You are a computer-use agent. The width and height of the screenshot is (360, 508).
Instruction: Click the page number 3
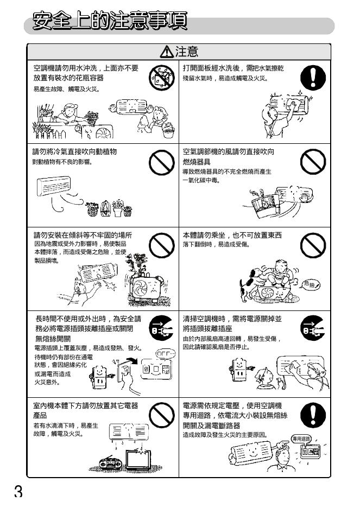point(18,491)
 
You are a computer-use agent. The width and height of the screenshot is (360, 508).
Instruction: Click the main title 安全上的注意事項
point(110,21)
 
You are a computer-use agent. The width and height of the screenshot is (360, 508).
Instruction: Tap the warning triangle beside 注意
point(167,52)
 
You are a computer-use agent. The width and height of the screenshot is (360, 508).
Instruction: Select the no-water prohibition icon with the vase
point(162,78)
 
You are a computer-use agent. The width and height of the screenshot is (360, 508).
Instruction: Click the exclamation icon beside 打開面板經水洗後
point(313,78)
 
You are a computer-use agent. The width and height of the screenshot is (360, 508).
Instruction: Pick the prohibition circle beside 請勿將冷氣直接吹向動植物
point(162,162)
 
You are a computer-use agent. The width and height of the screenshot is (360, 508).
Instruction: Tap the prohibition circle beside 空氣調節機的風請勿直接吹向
point(313,162)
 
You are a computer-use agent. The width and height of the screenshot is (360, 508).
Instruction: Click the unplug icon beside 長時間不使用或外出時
point(162,328)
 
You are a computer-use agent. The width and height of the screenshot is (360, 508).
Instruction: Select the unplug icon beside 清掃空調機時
point(313,328)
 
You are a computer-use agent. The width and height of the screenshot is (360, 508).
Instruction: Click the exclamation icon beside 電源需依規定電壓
point(313,415)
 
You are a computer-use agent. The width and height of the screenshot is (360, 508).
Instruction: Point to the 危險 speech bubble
point(311,284)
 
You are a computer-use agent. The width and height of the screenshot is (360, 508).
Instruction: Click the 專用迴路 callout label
point(301,439)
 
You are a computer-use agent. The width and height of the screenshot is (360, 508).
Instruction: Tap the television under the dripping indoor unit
point(138,459)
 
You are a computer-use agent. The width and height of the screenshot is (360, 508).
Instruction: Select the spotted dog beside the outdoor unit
point(251,283)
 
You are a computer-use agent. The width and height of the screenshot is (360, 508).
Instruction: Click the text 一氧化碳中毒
point(201,180)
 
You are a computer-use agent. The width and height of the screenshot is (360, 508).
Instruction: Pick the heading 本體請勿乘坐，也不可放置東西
point(232,235)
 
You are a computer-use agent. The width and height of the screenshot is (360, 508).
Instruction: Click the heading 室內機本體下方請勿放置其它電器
point(86,405)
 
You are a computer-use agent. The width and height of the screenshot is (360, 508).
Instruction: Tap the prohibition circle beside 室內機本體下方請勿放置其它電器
point(162,415)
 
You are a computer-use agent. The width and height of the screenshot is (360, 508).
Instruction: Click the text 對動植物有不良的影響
point(62,161)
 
